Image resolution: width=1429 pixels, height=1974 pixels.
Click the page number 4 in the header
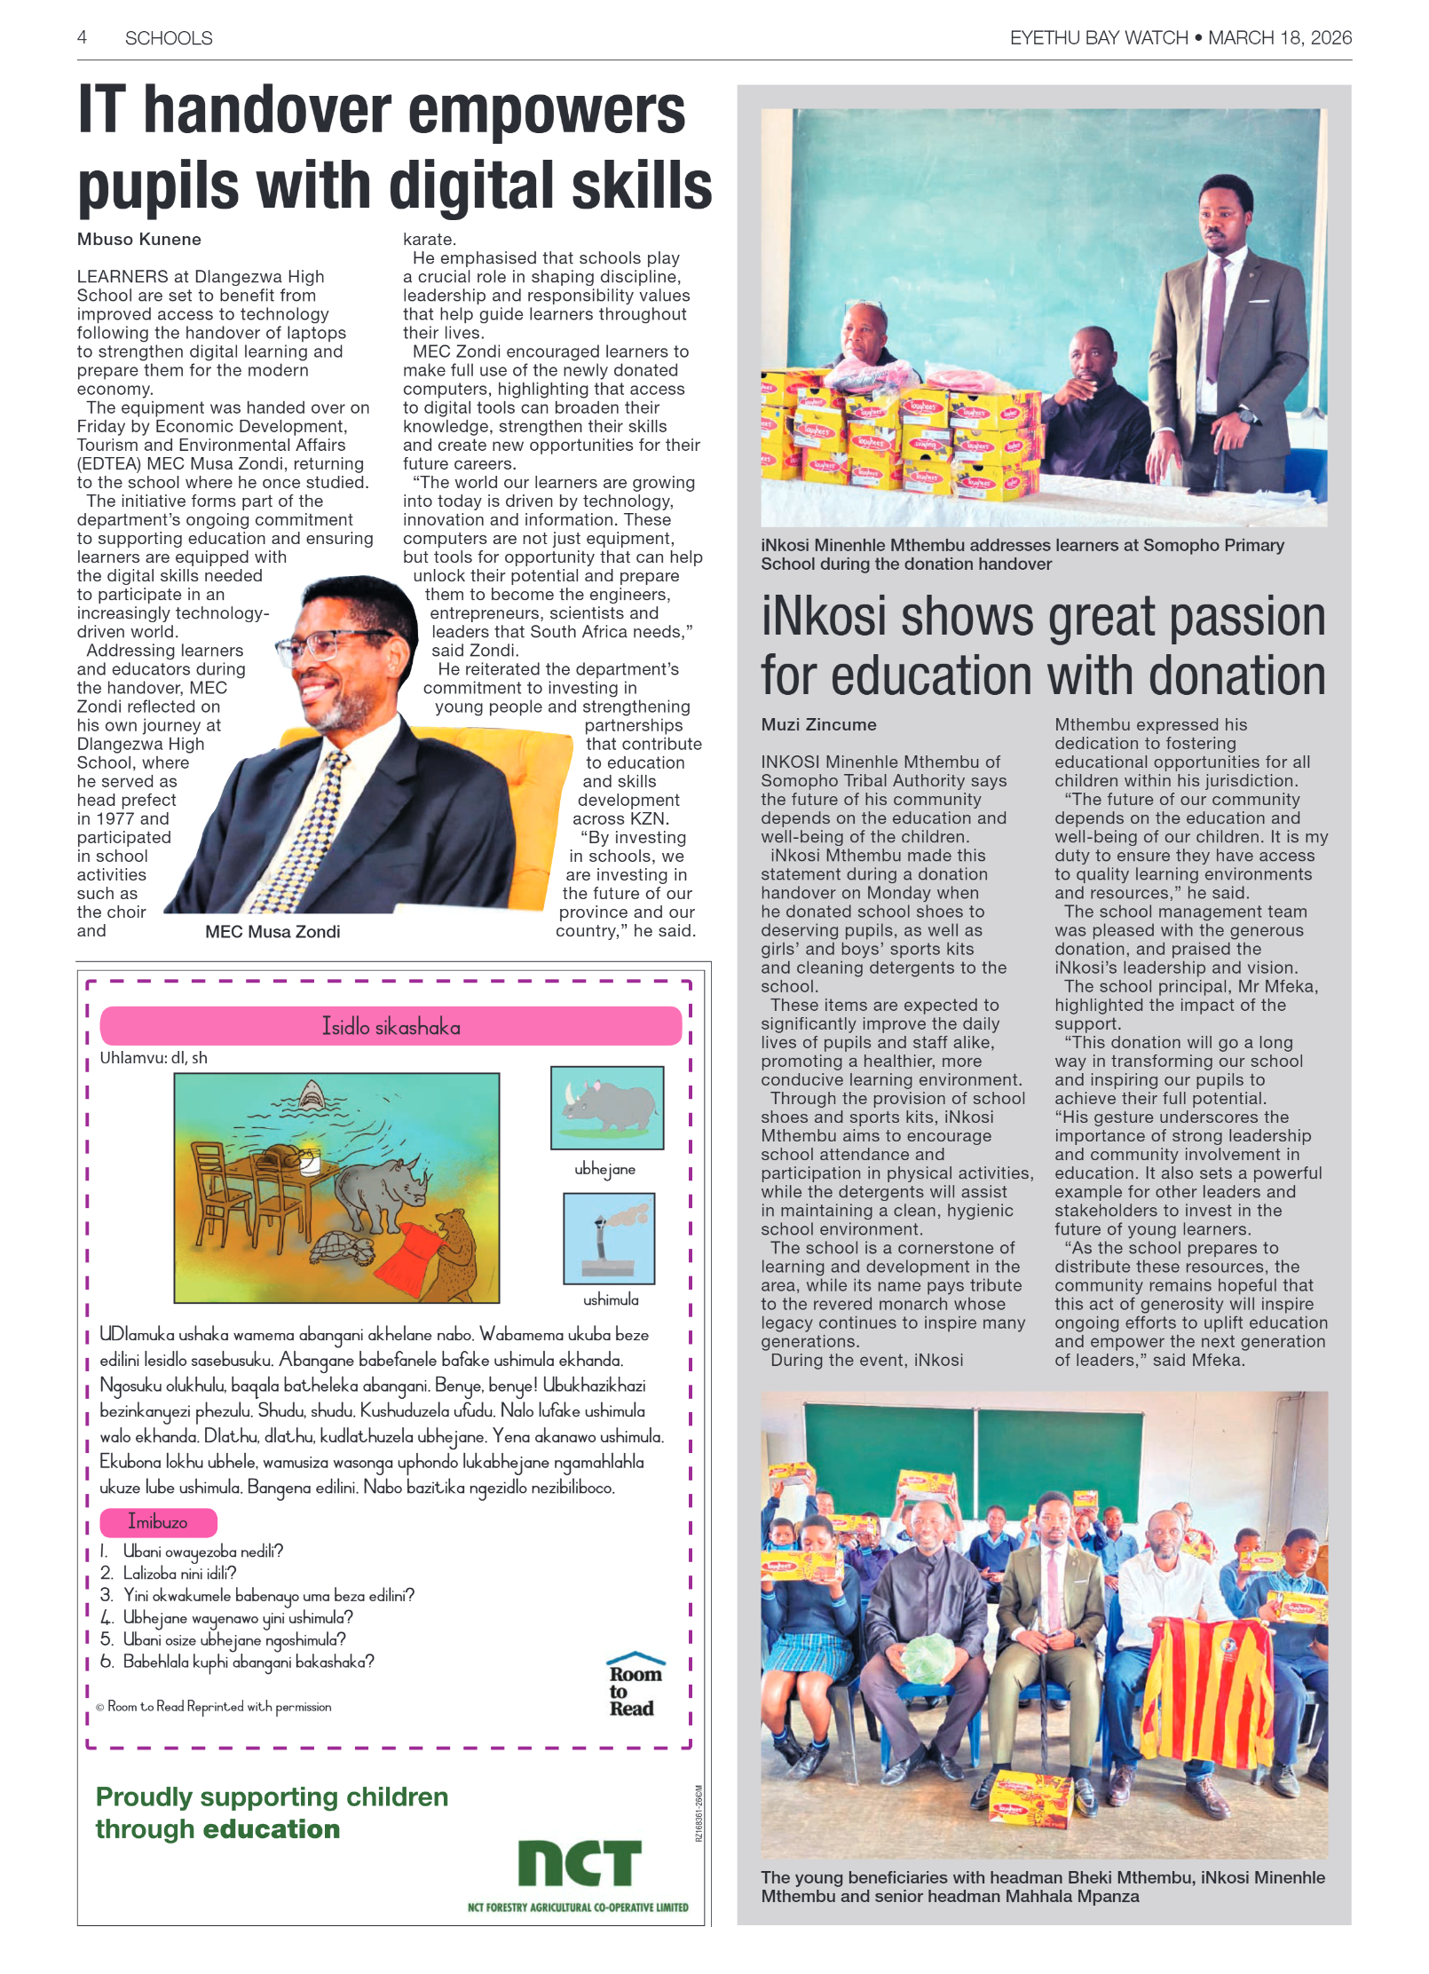point(82,37)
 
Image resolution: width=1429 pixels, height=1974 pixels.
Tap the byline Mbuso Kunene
point(139,239)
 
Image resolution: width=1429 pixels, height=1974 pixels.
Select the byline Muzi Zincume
point(818,724)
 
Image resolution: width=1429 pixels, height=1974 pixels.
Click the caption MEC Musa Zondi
point(272,932)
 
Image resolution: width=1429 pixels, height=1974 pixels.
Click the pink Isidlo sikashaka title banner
point(391,1027)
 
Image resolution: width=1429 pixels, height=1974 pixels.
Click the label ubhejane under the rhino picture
point(604,1169)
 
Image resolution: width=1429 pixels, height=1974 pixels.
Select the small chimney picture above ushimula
point(609,1238)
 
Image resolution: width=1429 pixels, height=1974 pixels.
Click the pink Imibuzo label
point(158,1522)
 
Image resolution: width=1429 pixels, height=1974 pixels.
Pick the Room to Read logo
point(635,1685)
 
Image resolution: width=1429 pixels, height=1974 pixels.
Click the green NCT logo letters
point(580,1863)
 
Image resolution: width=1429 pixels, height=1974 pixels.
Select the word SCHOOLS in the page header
point(169,38)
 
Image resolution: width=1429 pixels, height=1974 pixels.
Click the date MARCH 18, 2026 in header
point(1280,37)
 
